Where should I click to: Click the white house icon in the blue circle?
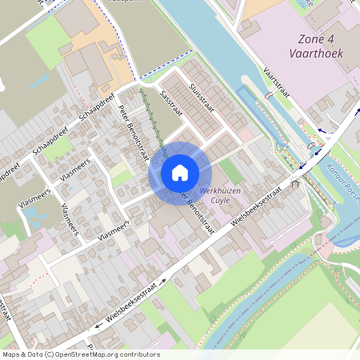pyautogui.click(x=180, y=173)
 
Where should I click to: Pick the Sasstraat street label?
pyautogui.click(x=171, y=102)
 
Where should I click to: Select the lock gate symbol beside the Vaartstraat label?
pyautogui.click(x=270, y=94)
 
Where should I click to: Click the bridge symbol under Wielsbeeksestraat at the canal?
pyautogui.click(x=296, y=185)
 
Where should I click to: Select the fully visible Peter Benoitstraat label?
pyautogui.click(x=134, y=133)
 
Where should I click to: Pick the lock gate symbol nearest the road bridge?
pyautogui.click(x=310, y=147)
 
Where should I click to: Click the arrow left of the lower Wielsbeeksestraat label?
pyautogui.click(x=98, y=324)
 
